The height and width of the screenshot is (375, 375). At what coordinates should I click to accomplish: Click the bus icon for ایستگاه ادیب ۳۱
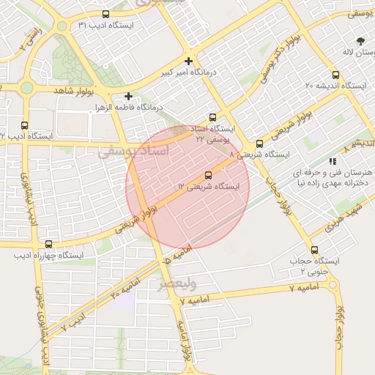105,14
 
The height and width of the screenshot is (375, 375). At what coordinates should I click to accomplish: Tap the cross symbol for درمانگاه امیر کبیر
189,61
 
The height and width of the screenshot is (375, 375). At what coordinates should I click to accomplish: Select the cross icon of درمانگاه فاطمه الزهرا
128,96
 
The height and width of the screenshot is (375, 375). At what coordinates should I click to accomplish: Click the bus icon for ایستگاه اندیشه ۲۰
335,75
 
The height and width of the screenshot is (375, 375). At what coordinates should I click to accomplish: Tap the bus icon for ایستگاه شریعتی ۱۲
209,175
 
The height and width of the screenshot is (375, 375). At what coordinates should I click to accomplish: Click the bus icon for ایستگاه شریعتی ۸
259,144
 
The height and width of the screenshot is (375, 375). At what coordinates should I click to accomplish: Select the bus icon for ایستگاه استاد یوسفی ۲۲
212,116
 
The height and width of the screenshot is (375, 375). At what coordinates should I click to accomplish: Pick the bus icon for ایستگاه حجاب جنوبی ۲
314,250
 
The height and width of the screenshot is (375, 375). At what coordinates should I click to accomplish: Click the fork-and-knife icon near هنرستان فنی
332,161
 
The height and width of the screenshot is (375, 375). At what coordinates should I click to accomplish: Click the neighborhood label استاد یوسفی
127,152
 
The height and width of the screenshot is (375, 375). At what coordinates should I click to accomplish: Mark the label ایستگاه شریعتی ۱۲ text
208,187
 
